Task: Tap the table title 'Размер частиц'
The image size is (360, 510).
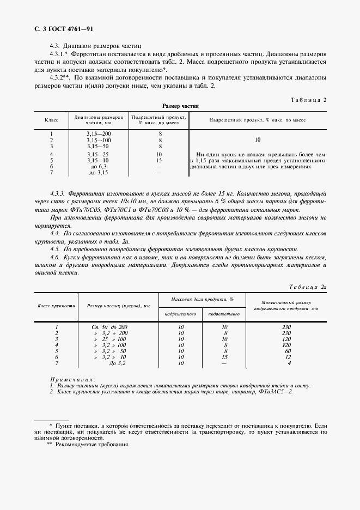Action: (x=181, y=107)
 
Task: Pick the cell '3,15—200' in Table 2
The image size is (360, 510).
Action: (x=98, y=133)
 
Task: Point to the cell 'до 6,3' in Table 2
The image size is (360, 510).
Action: (x=98, y=167)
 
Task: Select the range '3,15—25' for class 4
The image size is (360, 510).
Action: (x=98, y=155)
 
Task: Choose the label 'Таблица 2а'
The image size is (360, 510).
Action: (x=307, y=286)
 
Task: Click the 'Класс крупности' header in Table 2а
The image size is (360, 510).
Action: (x=56, y=306)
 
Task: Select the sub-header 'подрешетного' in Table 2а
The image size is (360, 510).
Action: (x=224, y=314)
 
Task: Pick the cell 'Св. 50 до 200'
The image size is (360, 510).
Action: (x=109, y=327)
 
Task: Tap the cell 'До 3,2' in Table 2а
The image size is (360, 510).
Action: (x=118, y=363)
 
